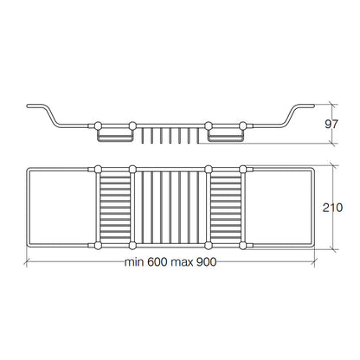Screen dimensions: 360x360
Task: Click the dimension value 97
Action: tap(331, 124)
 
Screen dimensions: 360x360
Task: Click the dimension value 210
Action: tap(332, 208)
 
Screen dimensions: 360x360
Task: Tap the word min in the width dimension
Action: tap(134, 262)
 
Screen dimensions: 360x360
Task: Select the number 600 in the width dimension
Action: tap(157, 262)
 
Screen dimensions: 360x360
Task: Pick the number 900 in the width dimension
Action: tap(206, 262)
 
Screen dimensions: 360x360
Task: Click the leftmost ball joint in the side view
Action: tap(98, 125)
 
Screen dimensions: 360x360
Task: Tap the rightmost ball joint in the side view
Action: tap(243, 125)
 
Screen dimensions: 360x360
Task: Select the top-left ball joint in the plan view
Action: tap(98, 169)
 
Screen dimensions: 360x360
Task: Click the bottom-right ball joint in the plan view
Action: tap(243, 246)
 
